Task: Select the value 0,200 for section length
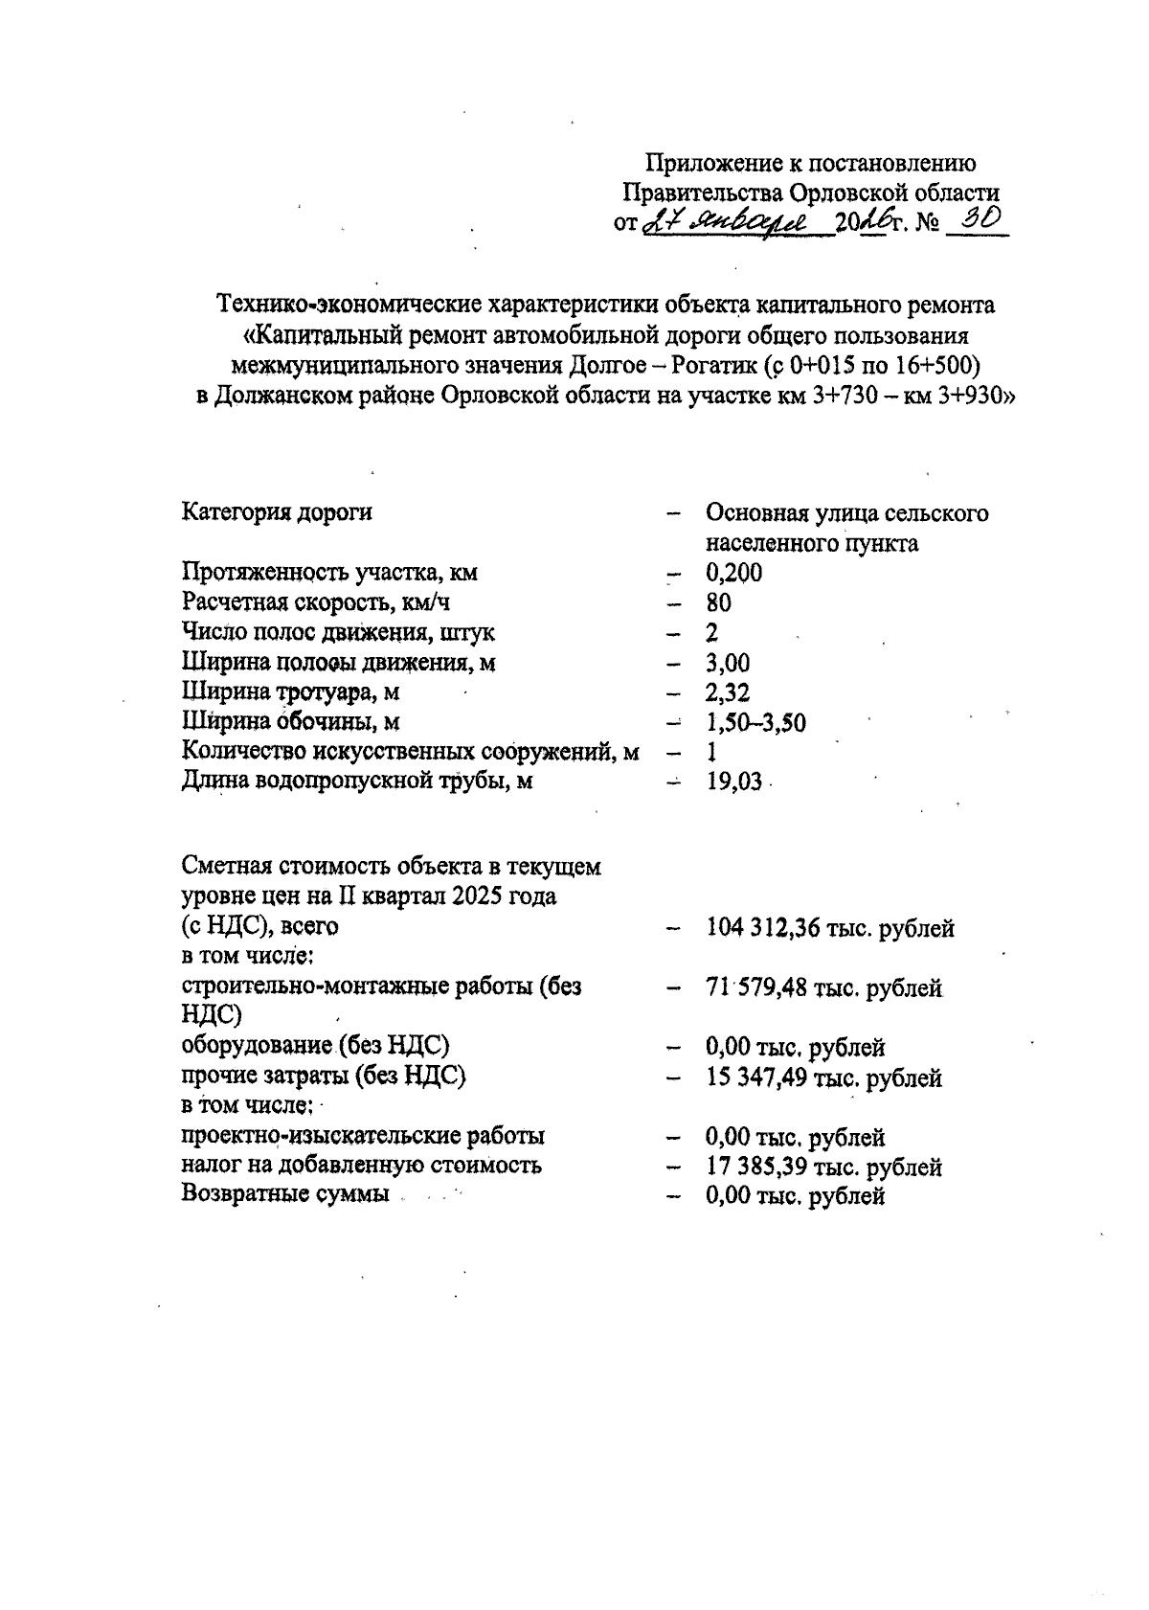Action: pos(733,573)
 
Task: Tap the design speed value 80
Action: pos(718,602)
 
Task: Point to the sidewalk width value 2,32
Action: pos(728,692)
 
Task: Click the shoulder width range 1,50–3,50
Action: pos(755,722)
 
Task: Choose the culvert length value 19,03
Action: pos(733,782)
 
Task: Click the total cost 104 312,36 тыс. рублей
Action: pos(829,928)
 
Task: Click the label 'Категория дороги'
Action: pos(277,512)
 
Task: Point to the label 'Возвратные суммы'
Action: pos(285,1194)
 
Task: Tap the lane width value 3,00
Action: pos(728,663)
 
